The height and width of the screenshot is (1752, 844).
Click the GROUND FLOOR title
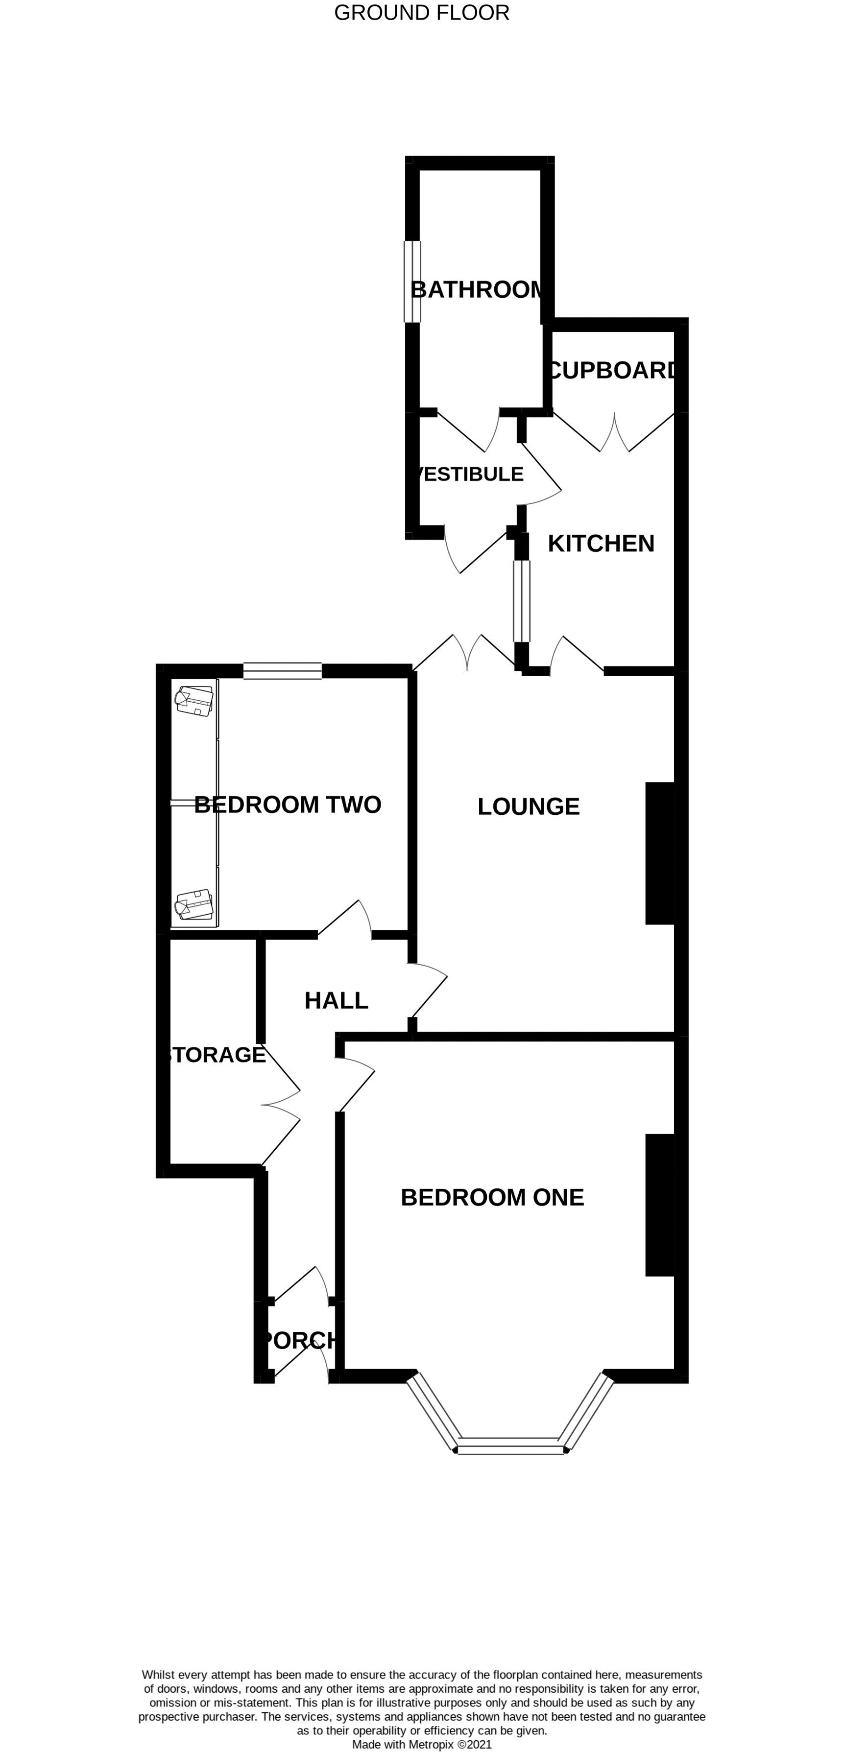[x=421, y=13]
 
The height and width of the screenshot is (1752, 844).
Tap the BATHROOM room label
[x=477, y=290]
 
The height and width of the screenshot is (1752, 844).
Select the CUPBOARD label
[x=613, y=370]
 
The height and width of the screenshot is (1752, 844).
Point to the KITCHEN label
[x=601, y=544]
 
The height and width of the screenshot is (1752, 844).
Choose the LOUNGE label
[x=528, y=806]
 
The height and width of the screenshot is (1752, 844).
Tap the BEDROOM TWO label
[x=287, y=805]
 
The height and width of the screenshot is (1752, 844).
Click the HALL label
[x=336, y=1000]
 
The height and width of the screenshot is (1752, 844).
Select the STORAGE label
[x=215, y=1055]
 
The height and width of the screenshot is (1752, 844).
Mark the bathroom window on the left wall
[x=412, y=282]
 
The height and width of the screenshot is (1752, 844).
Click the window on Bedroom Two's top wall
[x=283, y=671]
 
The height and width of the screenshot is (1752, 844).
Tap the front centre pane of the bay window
[x=510, y=1449]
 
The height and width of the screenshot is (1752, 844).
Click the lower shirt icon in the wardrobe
[x=194, y=904]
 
